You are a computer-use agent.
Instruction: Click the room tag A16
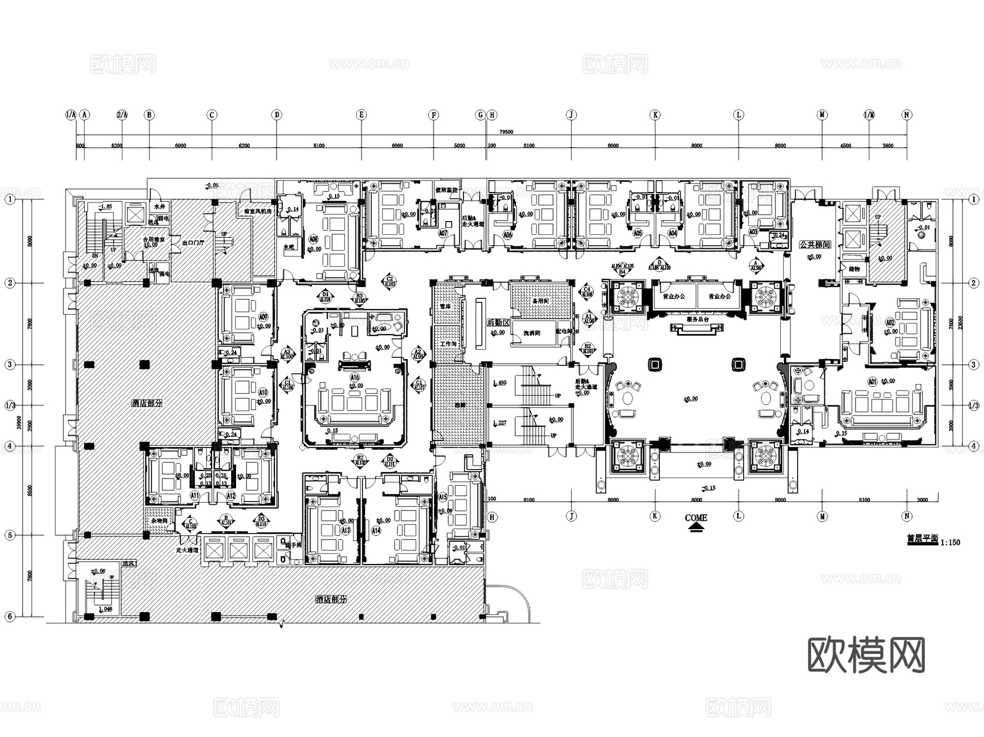355,378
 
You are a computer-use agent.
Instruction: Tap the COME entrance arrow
695,527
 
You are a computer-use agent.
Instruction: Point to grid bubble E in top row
361,115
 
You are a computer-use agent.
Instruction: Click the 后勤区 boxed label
499,323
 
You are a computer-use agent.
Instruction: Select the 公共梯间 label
815,245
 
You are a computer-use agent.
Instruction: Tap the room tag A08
313,239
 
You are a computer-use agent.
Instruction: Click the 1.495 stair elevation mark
500,382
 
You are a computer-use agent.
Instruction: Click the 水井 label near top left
159,207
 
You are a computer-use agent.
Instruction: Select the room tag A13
345,530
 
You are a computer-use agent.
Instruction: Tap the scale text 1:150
951,542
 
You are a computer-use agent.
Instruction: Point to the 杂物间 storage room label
159,520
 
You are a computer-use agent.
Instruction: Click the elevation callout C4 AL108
587,291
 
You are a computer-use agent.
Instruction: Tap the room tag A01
872,381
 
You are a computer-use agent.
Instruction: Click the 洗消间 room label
531,333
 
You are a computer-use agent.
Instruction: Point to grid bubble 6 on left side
9,617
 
